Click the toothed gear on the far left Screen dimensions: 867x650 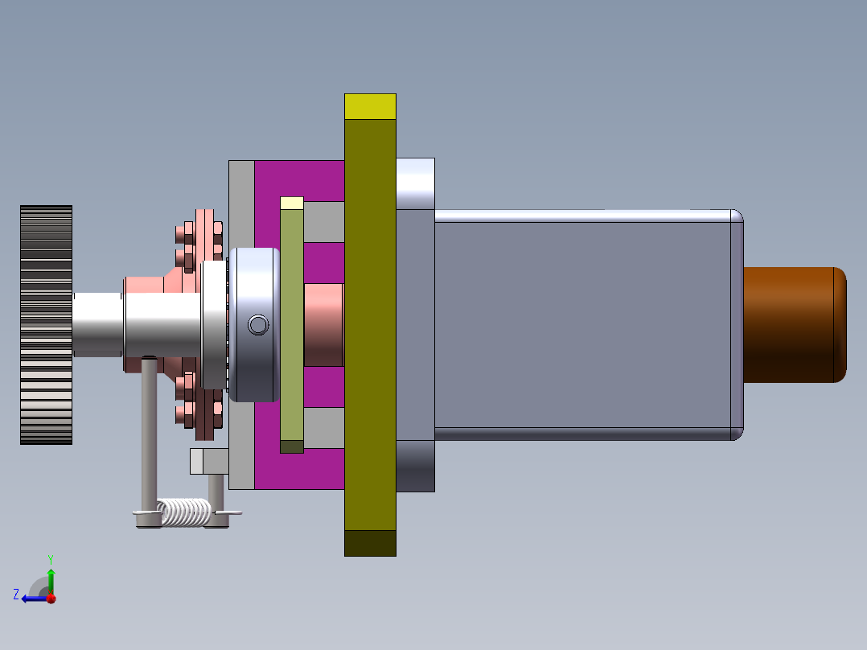47,325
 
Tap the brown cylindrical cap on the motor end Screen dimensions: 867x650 795,325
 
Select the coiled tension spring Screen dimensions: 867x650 184,512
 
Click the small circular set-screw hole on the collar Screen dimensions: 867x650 258,325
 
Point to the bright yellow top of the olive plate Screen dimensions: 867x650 370,106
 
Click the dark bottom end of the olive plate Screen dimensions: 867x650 370,543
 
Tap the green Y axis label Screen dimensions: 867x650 51,559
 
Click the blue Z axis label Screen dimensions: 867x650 16,594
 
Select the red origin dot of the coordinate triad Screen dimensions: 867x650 51,599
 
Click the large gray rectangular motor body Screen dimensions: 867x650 583,325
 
